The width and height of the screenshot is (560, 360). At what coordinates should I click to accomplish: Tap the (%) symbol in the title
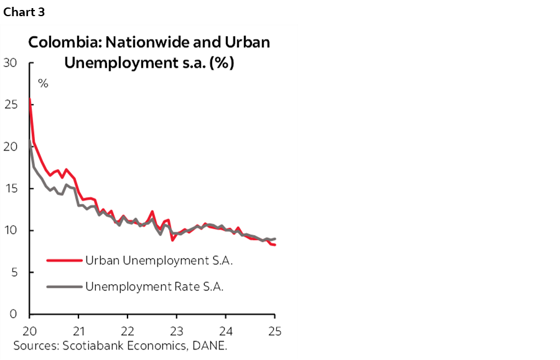[221, 63]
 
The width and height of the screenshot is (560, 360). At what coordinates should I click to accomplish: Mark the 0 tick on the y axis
[13, 314]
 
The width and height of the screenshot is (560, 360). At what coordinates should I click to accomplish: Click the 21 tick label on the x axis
[78, 330]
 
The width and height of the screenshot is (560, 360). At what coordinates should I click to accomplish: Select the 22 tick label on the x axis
[128, 330]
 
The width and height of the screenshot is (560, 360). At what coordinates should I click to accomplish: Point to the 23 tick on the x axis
[177, 330]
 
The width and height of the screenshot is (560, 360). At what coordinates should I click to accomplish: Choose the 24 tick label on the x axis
[226, 330]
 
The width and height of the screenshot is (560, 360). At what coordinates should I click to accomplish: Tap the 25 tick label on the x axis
[274, 330]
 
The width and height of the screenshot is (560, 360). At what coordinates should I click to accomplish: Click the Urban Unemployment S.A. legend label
[158, 261]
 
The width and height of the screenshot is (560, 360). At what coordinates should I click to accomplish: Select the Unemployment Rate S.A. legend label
[154, 287]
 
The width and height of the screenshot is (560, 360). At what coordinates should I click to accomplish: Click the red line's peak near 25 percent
[30, 99]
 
